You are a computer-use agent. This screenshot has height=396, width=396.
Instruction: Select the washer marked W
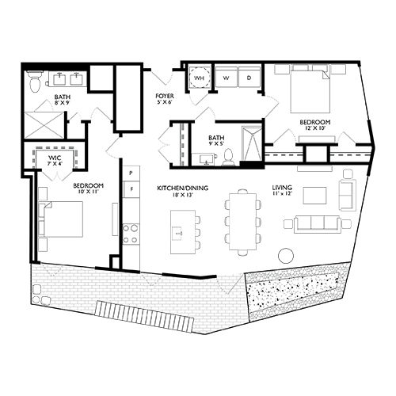click(x=225, y=79)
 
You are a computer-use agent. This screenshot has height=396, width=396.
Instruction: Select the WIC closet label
click(x=54, y=158)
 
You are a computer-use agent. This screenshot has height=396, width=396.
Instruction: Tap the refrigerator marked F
click(x=131, y=190)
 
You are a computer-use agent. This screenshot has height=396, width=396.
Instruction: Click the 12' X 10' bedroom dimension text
click(x=314, y=131)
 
